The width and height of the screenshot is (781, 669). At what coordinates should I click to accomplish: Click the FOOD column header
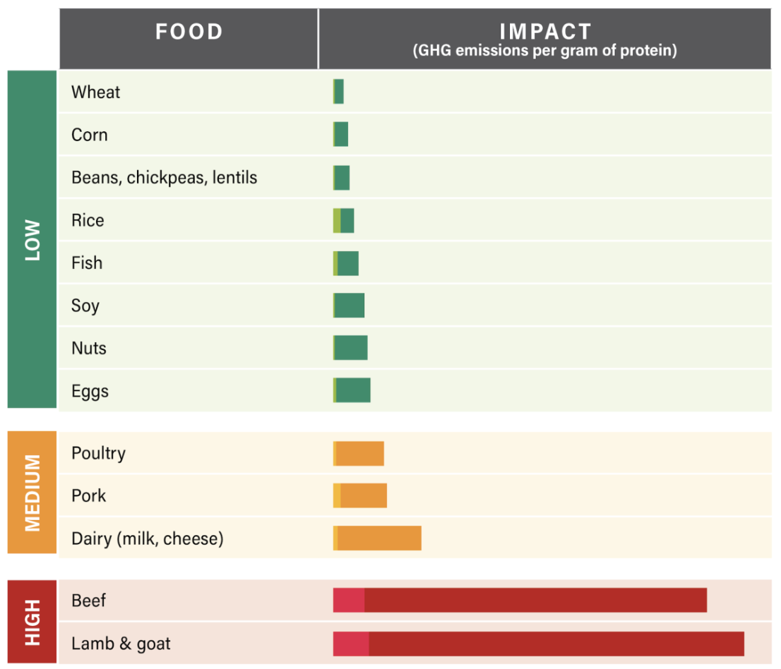coord(189,32)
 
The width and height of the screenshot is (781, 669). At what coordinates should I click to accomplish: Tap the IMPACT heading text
coord(544,31)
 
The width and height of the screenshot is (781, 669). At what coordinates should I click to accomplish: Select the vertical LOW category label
coord(32,240)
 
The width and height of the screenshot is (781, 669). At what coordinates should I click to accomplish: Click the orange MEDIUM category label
coord(32,493)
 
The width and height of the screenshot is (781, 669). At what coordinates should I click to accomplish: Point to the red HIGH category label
coord(32,622)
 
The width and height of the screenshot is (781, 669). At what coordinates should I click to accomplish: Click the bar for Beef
coord(520,600)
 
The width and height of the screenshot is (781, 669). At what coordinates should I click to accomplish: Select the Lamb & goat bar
coord(538,644)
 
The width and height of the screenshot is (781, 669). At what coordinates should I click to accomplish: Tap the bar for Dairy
coord(377,538)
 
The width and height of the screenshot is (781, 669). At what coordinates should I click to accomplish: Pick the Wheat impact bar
coord(338,92)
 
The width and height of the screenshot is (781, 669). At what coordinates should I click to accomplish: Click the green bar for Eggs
coord(352,390)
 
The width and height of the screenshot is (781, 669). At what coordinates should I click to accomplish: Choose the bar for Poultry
coord(359,453)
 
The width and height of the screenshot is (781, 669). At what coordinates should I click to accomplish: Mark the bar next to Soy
coord(349,306)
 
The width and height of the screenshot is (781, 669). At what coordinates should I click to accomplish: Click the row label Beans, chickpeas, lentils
coord(164,177)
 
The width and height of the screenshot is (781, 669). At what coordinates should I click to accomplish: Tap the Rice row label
coord(88,220)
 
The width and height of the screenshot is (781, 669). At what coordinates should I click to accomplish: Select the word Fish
coord(87,263)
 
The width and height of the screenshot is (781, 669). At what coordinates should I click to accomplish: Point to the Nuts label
coord(89,348)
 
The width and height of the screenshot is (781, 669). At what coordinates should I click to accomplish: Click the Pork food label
coord(89,495)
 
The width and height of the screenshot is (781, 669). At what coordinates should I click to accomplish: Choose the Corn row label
coord(90,135)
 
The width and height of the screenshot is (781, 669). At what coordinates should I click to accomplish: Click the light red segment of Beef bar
coord(349,600)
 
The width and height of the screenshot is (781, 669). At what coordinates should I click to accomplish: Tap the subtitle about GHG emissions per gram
coord(544,51)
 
